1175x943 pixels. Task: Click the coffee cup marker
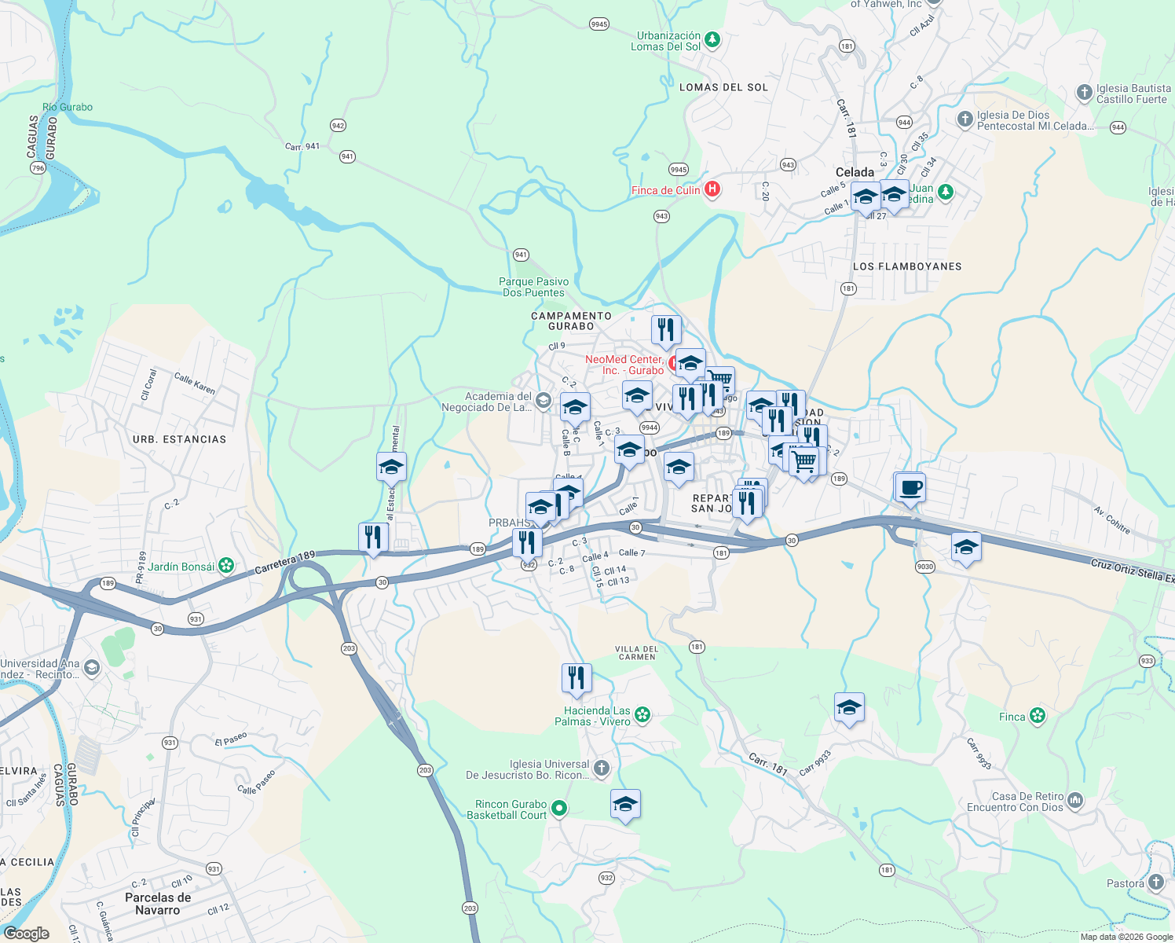[x=910, y=488]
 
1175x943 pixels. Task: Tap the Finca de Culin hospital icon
[x=712, y=189]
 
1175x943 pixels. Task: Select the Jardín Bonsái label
[x=181, y=566]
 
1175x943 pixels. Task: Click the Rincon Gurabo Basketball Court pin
[x=559, y=807]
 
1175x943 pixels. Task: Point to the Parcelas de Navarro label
[x=158, y=904]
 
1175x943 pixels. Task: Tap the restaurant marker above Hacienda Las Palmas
[x=577, y=678]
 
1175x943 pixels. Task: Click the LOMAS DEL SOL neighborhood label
[x=723, y=87]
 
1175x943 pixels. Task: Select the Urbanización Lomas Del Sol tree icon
[x=712, y=39]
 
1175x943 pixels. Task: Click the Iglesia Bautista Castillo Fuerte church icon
[x=1085, y=93]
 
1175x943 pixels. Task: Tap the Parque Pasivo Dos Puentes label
[x=534, y=287]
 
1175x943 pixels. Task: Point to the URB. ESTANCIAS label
[x=179, y=439]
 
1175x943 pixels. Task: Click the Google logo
[x=26, y=933]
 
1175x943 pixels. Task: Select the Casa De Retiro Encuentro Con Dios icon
[x=1075, y=801]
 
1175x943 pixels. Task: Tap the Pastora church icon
[x=1155, y=882]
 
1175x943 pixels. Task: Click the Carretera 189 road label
[x=284, y=563]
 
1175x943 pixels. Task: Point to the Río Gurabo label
[x=68, y=107]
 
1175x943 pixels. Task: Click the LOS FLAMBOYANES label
[x=907, y=266]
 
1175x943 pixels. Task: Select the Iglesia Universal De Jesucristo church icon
[x=602, y=769]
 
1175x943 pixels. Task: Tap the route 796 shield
[x=38, y=168]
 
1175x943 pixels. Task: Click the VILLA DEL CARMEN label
[x=636, y=653]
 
